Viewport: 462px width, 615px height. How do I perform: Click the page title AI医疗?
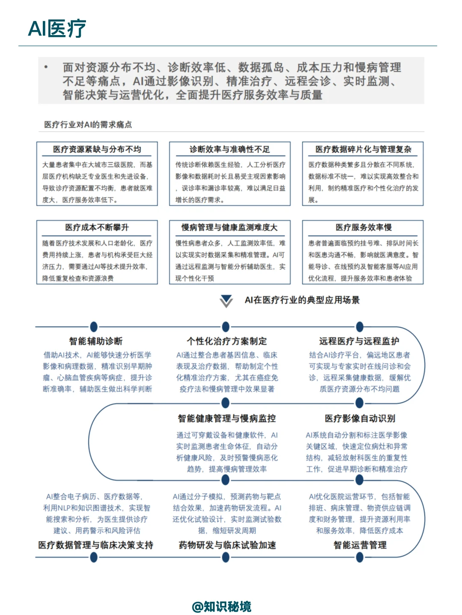(x=57, y=29)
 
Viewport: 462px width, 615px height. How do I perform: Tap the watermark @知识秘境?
(x=222, y=606)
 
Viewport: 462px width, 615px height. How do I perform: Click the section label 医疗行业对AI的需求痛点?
(x=88, y=125)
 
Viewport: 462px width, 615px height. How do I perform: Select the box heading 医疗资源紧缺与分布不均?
(x=97, y=149)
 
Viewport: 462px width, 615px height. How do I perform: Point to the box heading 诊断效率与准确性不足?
(x=230, y=149)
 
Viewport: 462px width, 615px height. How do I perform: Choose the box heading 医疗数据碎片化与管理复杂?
(x=363, y=149)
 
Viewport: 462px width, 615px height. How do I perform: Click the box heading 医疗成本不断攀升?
(x=97, y=227)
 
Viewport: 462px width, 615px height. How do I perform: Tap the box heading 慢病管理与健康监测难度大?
(x=230, y=227)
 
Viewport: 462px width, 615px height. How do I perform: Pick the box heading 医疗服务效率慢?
(x=363, y=227)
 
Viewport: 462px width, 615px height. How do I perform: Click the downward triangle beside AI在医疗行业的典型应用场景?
(x=226, y=300)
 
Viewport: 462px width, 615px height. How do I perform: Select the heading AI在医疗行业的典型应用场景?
(x=302, y=300)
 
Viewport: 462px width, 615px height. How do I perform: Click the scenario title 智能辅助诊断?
(x=96, y=341)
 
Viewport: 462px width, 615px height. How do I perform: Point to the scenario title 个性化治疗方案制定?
(x=227, y=341)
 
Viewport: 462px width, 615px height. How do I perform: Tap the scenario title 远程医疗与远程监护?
(x=359, y=341)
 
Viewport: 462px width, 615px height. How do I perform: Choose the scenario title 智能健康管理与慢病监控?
(x=227, y=418)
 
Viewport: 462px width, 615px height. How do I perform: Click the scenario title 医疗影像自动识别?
(x=360, y=418)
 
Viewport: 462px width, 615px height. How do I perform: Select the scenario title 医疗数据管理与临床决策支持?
(x=96, y=545)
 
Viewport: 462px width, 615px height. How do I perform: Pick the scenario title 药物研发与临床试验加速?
(x=227, y=545)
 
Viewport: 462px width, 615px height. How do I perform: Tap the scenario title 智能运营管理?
(x=360, y=545)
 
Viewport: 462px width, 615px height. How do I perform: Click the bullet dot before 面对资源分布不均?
(x=46, y=67)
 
